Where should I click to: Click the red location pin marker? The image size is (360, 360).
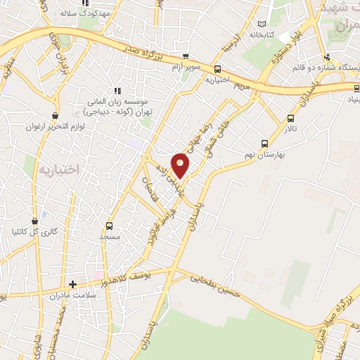pos(181,165)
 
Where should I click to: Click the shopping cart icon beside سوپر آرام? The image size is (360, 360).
pos(185,57)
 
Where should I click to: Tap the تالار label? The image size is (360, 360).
pos(291,129)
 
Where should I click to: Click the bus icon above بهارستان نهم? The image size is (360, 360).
pos(264,141)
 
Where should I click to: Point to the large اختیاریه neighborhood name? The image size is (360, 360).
pos(60,170)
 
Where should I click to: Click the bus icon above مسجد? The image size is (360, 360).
pos(109,226)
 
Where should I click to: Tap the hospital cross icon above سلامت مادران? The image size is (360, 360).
pos(72,284)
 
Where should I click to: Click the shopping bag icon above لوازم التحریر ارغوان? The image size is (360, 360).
pos(56,115)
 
